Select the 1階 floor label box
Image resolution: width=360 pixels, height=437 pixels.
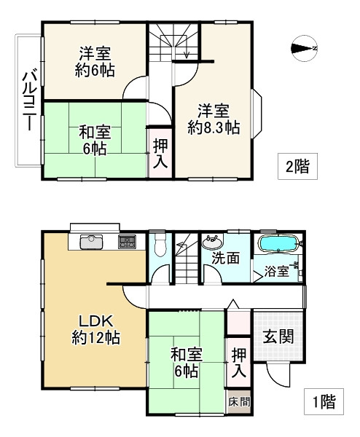[x=318, y=399]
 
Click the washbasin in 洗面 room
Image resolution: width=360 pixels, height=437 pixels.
[x=214, y=241]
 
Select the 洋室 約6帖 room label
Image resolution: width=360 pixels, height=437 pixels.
[x=95, y=61]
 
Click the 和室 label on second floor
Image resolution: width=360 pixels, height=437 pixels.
[x=94, y=140]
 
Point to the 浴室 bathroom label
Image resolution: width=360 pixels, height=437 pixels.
[x=276, y=273]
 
